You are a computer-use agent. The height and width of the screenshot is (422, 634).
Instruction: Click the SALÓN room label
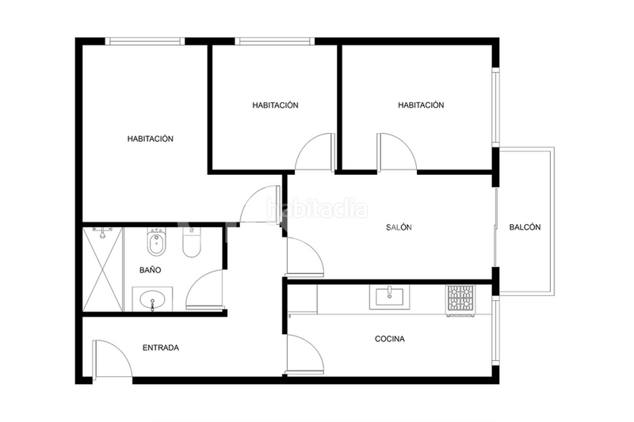(399, 227)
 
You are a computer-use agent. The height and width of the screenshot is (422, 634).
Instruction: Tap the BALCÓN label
(525, 227)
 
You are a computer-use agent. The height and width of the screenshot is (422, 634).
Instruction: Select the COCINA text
(389, 339)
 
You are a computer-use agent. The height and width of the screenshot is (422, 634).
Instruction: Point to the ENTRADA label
(160, 348)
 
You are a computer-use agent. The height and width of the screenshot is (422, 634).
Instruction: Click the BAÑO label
(150, 270)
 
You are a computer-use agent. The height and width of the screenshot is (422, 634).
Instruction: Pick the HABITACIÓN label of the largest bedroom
(150, 139)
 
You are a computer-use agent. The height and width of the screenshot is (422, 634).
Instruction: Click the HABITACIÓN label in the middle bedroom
(275, 105)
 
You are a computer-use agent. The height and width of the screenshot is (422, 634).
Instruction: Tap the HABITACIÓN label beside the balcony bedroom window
(421, 105)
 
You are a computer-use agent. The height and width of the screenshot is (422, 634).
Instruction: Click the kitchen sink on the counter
(389, 298)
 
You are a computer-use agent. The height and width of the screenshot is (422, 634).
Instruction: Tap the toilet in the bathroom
(190, 244)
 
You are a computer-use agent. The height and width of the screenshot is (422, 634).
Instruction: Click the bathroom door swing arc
(204, 290)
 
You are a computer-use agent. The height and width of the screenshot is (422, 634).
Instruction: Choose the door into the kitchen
(305, 352)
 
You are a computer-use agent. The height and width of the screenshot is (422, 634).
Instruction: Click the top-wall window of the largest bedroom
(146, 40)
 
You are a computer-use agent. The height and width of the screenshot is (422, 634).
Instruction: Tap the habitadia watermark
(317, 210)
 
